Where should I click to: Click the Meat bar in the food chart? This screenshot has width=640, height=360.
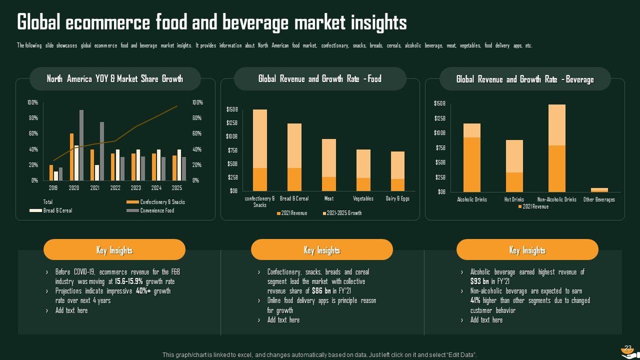click(328, 165)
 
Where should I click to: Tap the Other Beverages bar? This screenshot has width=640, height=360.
click(599, 190)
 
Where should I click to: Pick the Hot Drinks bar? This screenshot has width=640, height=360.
click(514, 166)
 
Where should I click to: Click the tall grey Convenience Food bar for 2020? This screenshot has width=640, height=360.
click(81, 145)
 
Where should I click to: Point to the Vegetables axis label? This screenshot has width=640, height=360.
click(363, 198)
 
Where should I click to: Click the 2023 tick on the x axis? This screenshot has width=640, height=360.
click(136, 188)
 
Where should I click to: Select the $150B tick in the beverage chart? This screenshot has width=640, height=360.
click(439, 103)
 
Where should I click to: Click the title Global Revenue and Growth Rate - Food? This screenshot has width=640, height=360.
click(319, 79)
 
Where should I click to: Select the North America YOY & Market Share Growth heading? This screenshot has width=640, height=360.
click(114, 79)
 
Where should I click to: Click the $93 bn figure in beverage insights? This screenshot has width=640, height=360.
click(479, 281)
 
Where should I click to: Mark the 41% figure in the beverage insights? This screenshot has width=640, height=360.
click(475, 300)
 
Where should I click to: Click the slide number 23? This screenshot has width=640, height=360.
click(628, 348)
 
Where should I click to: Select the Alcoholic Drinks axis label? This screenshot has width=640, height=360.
click(472, 199)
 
